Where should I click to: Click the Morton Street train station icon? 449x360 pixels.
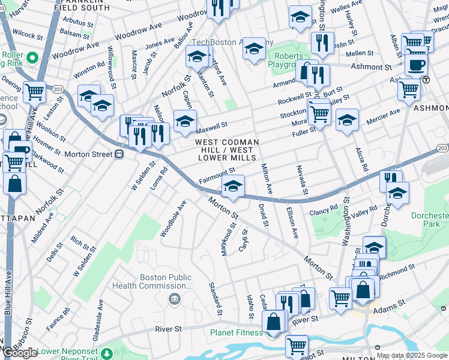(119, 154)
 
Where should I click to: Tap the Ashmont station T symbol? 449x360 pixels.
(426, 79)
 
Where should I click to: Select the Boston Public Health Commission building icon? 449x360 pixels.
(175, 299)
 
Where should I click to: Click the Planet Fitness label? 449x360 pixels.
(236, 332)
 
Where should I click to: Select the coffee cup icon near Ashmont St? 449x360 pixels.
(416, 65)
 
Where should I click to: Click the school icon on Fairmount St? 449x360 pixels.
(234, 187)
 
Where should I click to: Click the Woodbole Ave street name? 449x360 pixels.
(173, 219)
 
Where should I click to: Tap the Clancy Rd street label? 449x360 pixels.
(324, 211)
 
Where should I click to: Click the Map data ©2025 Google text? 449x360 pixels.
(411, 356)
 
